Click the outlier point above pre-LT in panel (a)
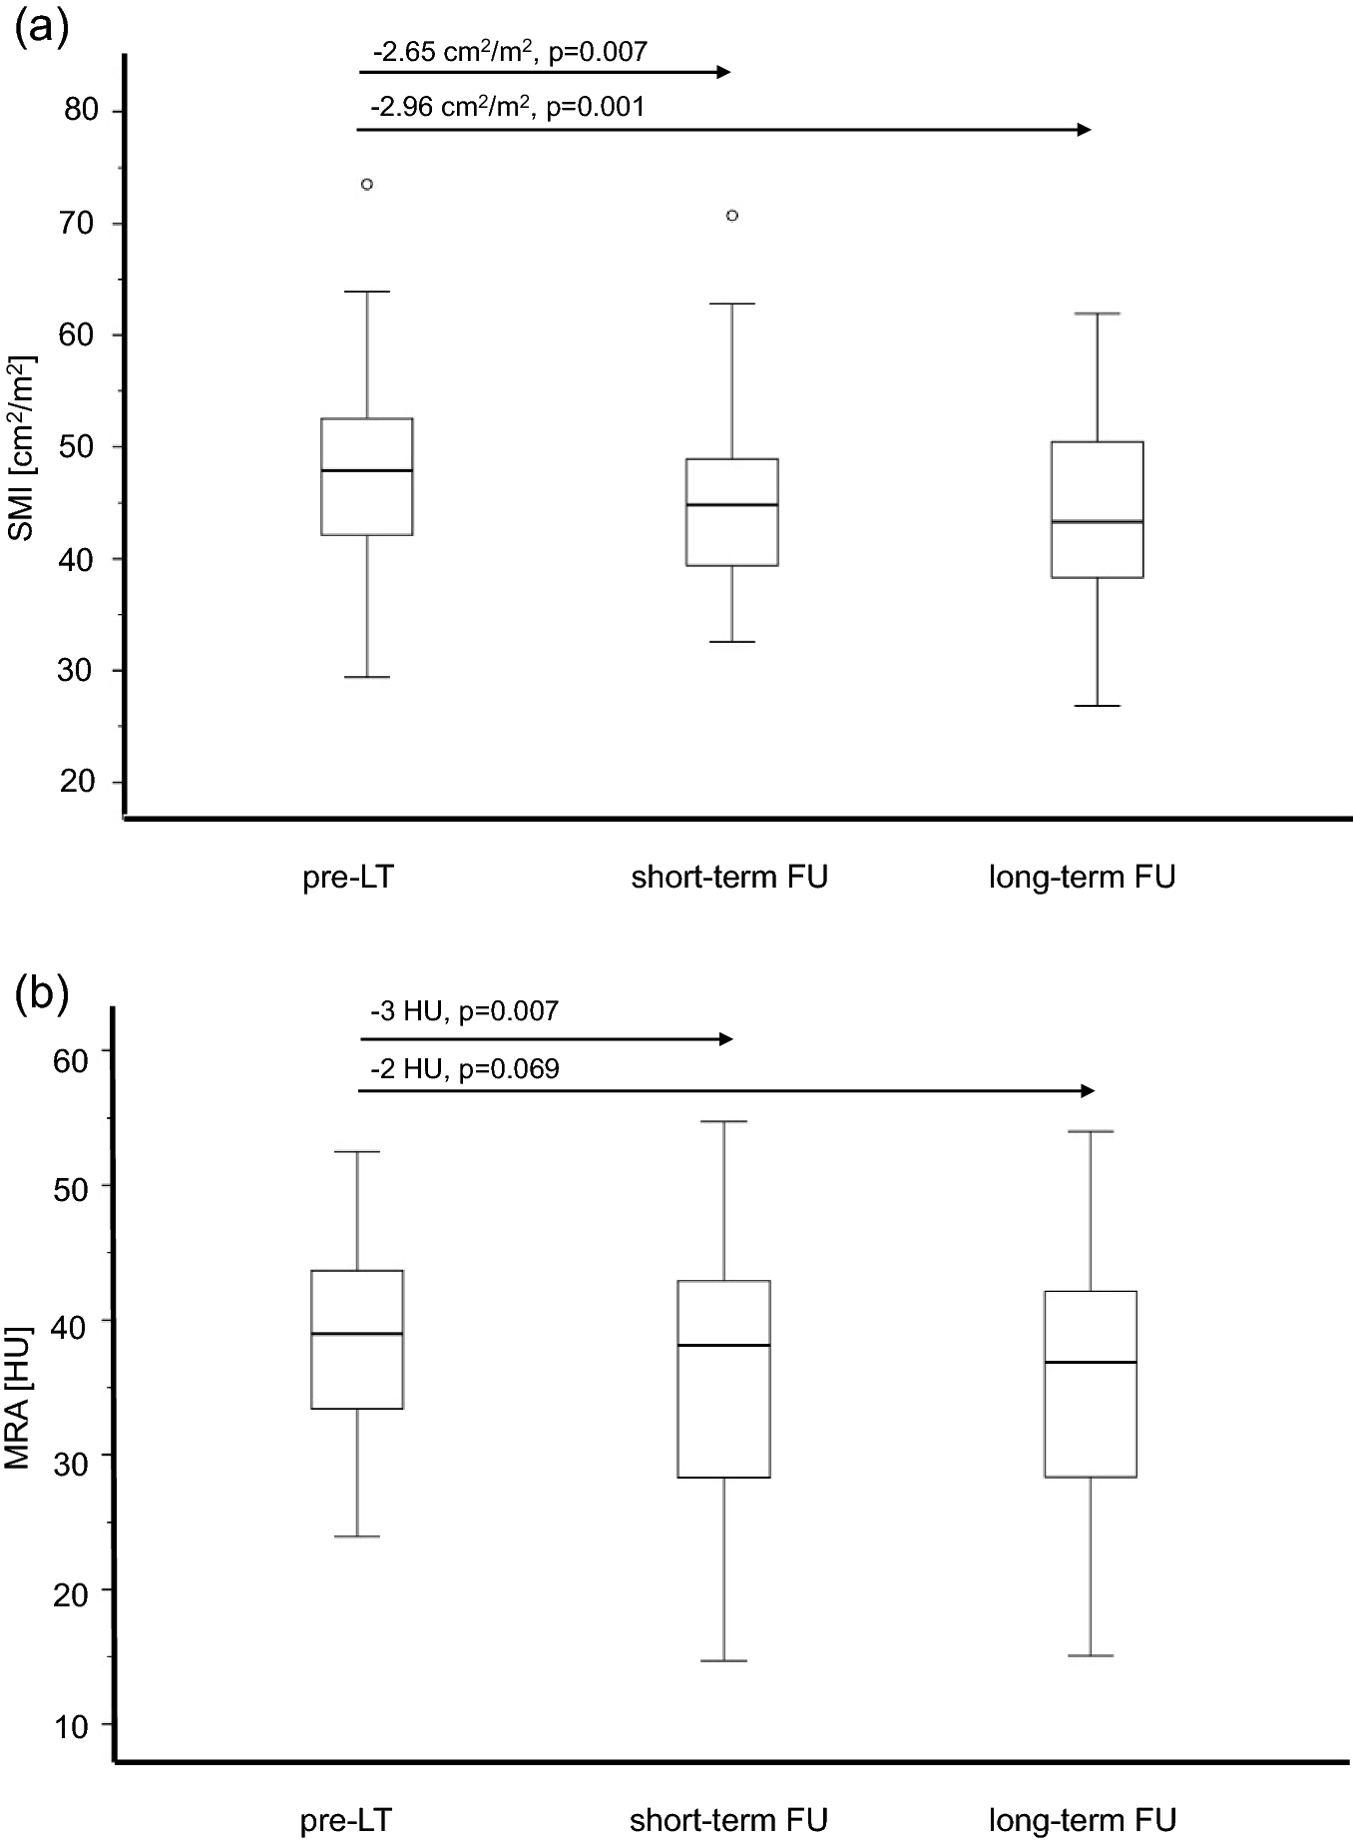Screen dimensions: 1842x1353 366,184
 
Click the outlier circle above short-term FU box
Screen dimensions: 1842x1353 732,215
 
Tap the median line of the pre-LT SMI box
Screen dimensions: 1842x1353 366,470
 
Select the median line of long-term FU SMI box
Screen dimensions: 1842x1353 1097,521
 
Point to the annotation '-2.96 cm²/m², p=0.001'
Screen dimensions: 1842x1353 507,106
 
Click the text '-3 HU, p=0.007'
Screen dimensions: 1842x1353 464,1012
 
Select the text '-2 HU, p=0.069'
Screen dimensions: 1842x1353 464,1070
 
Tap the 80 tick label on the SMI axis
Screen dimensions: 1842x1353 80,110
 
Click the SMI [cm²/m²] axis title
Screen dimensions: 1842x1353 22,446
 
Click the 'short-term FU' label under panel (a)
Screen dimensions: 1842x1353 729,878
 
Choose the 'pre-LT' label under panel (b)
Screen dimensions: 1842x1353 346,1819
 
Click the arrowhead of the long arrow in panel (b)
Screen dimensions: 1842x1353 1088,1091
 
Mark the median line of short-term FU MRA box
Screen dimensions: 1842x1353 723,1346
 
